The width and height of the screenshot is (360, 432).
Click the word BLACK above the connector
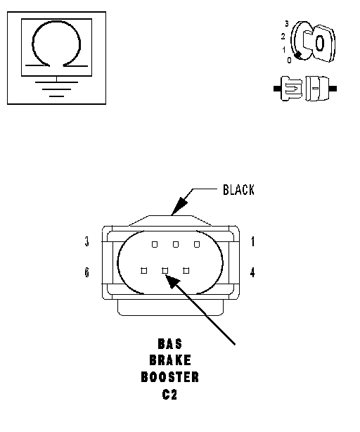238,190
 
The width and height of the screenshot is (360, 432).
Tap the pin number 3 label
87,241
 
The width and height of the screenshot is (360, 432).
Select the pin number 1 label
252,241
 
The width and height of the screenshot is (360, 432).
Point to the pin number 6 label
87,272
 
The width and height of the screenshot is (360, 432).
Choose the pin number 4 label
252,272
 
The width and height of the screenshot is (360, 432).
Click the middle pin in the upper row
176,244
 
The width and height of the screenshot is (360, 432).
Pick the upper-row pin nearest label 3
155,244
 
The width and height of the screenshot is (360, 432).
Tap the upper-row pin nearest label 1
197,244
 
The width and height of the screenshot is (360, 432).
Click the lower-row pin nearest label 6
143,271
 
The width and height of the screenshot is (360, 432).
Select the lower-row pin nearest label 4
186,271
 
